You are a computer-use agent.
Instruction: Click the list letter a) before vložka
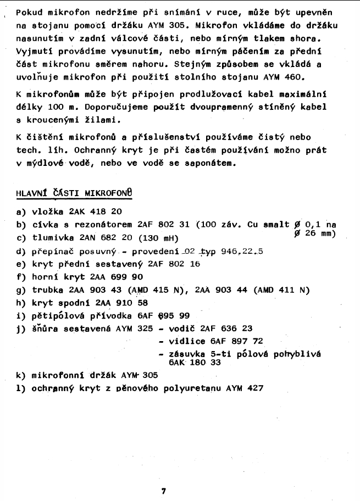tap(21, 211)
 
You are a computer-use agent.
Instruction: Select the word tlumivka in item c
tap(49, 237)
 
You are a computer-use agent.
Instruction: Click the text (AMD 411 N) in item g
tap(282, 290)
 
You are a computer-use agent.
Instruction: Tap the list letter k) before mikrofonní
tap(21, 376)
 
